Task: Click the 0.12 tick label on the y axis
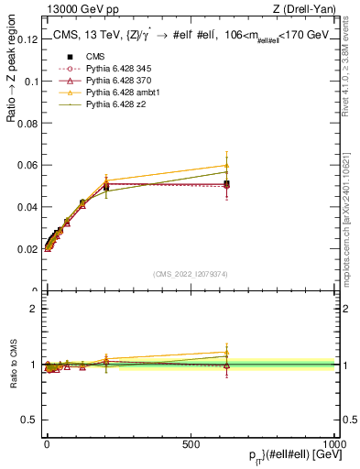click(x=27, y=39)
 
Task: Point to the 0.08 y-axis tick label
click(x=27, y=123)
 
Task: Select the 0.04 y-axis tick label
click(x=27, y=207)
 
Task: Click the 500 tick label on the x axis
click(x=191, y=443)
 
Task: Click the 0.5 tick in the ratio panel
click(x=29, y=420)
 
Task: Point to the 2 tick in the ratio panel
click(x=33, y=309)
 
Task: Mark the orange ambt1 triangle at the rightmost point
click(x=226, y=166)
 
